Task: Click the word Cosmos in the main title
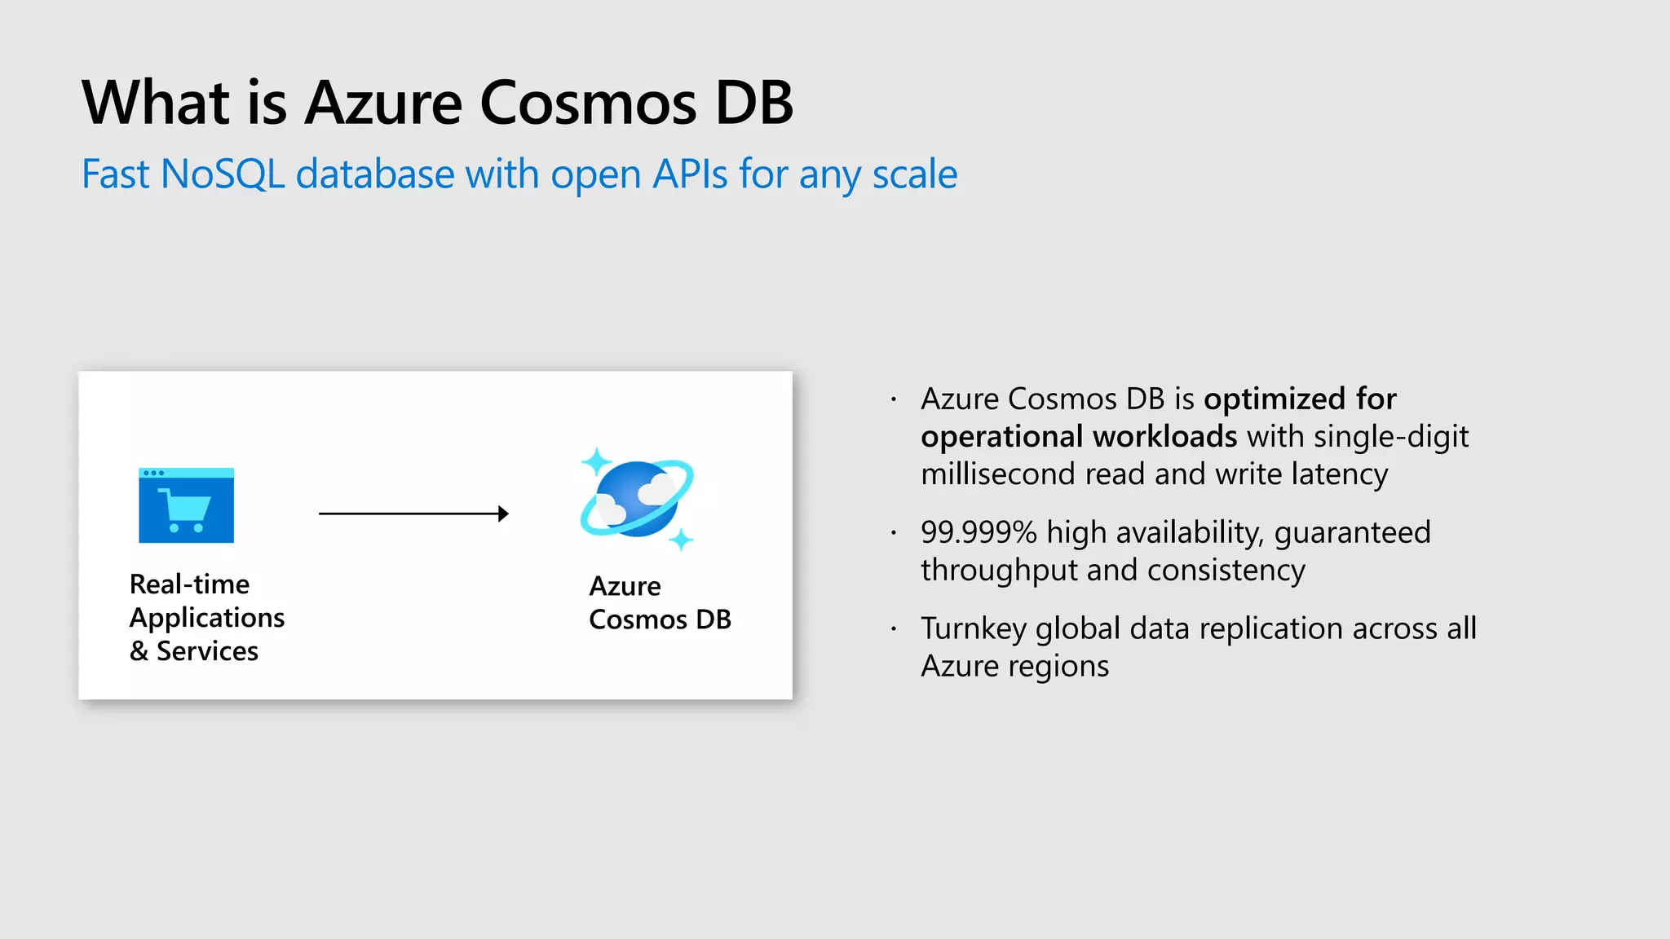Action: point(587,104)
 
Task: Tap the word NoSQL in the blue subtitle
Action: point(223,174)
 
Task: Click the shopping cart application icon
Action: point(187,505)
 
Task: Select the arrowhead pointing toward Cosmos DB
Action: point(503,514)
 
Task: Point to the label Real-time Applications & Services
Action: point(206,617)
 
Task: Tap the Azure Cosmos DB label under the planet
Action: point(659,602)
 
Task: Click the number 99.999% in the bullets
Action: point(978,532)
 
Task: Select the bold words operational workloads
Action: point(1078,437)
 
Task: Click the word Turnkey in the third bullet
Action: point(973,628)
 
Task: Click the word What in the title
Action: point(156,104)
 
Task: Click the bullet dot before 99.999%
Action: point(894,533)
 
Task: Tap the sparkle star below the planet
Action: point(681,539)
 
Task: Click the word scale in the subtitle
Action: point(914,174)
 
